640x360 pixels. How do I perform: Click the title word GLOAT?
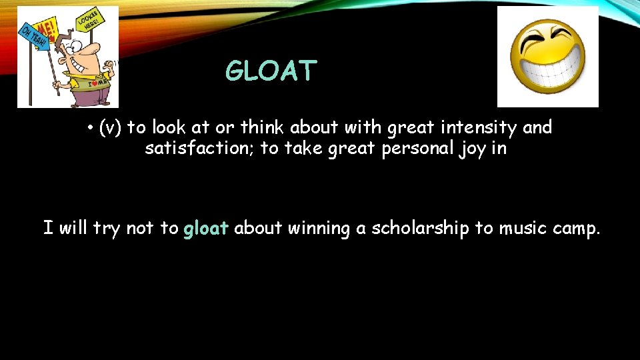point(271,71)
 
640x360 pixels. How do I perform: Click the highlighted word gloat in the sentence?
point(206,229)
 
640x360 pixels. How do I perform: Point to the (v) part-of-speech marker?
point(110,127)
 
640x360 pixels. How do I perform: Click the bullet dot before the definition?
point(89,127)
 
